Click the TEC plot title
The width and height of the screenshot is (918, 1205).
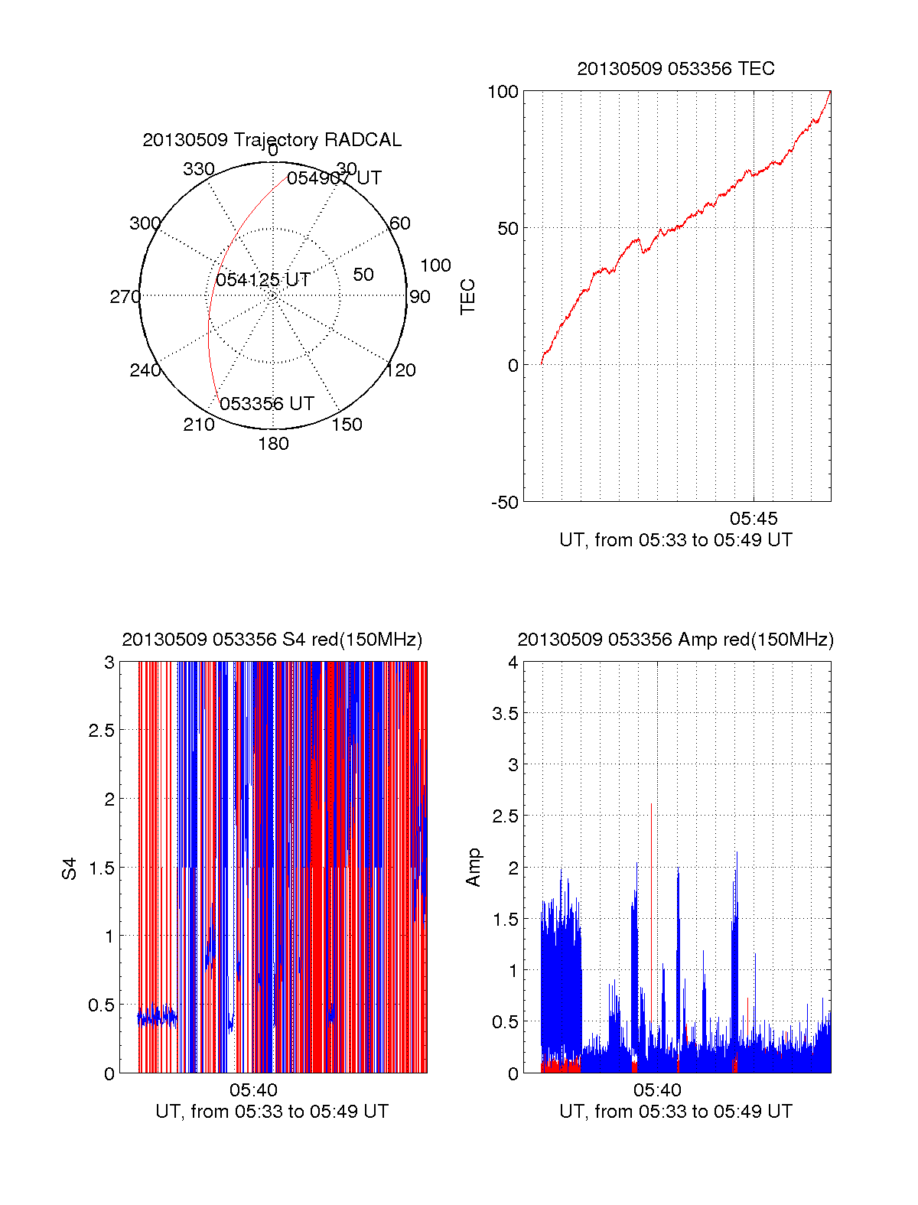pos(675,69)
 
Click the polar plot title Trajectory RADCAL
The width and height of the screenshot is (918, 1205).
pos(272,140)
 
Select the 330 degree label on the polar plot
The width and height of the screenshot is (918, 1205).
pos(199,169)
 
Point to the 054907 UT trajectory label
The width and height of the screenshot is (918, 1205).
pos(334,178)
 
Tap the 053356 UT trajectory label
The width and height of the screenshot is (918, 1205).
pos(267,404)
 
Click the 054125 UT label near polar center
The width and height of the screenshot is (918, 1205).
pos(262,280)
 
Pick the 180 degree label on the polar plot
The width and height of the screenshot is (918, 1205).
pos(273,444)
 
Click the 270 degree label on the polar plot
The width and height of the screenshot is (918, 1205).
pos(125,297)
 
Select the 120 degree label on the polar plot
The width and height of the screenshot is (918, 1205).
pos(401,370)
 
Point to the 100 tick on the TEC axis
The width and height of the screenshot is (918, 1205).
pos(503,92)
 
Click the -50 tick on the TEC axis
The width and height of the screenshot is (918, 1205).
pos(505,503)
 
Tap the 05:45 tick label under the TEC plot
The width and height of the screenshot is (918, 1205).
pos(754,519)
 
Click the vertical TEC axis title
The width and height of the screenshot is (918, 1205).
pos(468,297)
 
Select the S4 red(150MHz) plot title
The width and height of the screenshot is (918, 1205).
pos(272,640)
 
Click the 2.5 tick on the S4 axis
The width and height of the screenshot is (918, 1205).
pos(102,731)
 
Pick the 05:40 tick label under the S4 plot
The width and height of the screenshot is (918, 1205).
pos(253,1090)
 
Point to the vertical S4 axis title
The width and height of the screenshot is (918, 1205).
pos(70,868)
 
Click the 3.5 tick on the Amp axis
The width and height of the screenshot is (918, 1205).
pos(503,714)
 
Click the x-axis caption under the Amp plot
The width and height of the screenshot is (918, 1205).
pos(675,1112)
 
